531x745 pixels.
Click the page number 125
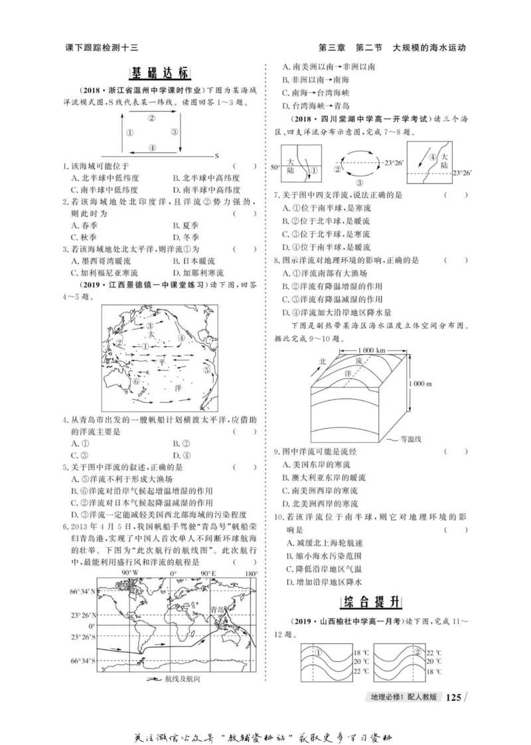tap(453, 697)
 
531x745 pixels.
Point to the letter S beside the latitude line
tap(216, 154)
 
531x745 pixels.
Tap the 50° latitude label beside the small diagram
tap(275, 169)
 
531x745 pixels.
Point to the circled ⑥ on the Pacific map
tap(135, 382)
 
